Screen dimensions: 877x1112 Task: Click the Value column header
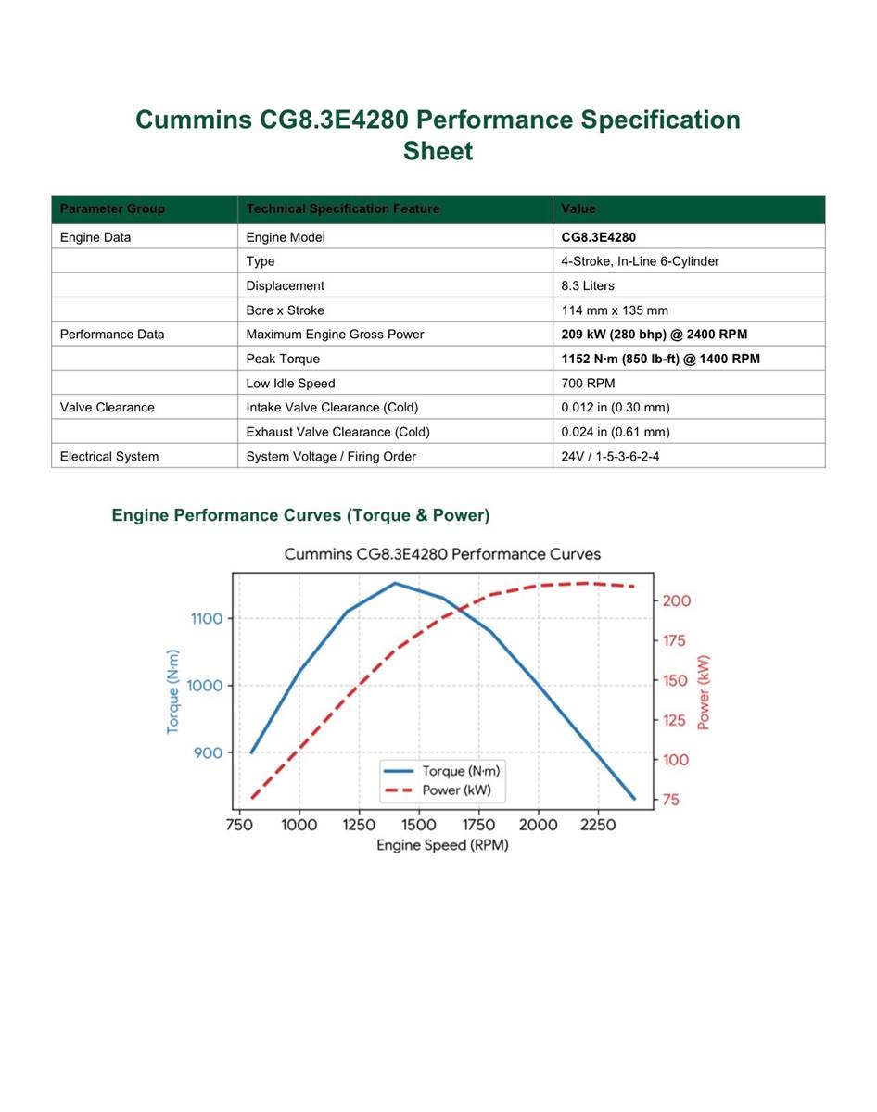(x=578, y=208)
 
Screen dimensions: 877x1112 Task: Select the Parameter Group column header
(x=112, y=208)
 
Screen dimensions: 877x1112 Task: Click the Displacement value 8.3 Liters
(x=588, y=285)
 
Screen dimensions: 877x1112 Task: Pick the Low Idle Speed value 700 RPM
(x=588, y=384)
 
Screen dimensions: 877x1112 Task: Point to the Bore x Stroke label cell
(x=285, y=310)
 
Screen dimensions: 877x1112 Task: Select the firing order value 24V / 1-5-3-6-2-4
(x=610, y=456)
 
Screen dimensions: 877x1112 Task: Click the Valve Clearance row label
(x=107, y=407)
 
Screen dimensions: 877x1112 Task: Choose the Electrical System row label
(x=109, y=456)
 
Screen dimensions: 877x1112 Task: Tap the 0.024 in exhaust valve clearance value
(x=616, y=432)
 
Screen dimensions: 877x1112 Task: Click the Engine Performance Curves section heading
(x=300, y=515)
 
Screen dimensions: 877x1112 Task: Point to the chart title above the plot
(x=442, y=554)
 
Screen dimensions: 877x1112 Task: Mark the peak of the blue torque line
(x=395, y=584)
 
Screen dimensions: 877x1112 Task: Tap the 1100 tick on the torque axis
(x=207, y=618)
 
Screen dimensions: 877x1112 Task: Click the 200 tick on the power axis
(x=677, y=601)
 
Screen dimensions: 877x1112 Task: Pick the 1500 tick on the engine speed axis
(x=418, y=825)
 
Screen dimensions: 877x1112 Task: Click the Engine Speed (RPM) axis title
(x=442, y=845)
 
